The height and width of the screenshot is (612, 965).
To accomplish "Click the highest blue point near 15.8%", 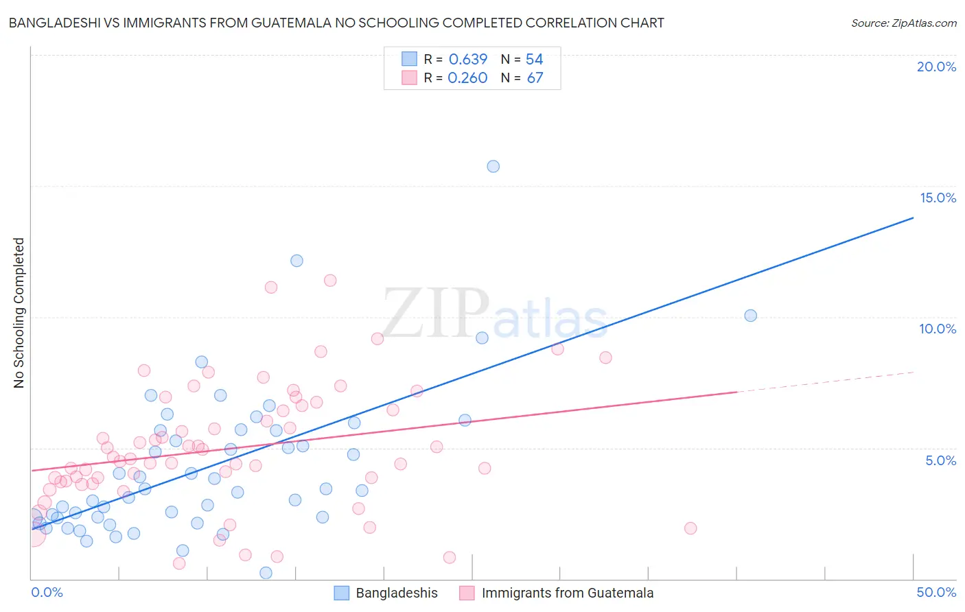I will pos(493,166).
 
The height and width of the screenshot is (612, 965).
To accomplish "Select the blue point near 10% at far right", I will pos(750,316).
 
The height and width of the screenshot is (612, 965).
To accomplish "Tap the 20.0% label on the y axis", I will pos(936,67).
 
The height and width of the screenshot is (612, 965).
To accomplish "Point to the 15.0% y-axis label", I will pos(938,198).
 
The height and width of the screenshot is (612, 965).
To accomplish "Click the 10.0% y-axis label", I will pos(938,329).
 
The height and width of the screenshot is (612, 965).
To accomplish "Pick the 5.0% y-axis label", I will pos(940,460).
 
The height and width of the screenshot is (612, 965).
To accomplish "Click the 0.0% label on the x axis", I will pos(47,592).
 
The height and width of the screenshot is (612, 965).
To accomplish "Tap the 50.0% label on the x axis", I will pos(936,592).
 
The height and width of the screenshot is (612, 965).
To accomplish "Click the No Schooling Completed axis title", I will pos(19,313).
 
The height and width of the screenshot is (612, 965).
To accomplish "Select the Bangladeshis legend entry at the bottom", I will pos(397,593).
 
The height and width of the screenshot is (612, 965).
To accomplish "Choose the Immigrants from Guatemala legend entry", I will pos(567,593).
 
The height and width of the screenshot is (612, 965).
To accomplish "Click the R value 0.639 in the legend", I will pos(467,59).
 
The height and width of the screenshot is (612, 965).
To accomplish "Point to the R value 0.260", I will pos(467,78).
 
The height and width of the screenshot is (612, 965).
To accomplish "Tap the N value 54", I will pos(534,59).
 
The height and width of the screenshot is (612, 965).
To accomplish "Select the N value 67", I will pos(535,78).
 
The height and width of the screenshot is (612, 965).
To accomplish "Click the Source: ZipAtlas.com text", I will pos(903,23).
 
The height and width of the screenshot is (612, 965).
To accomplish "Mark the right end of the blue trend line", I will pos(913,217).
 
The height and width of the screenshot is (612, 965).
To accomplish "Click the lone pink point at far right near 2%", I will pos(690,528).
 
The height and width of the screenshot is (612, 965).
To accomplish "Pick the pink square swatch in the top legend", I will pos(409,78).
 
